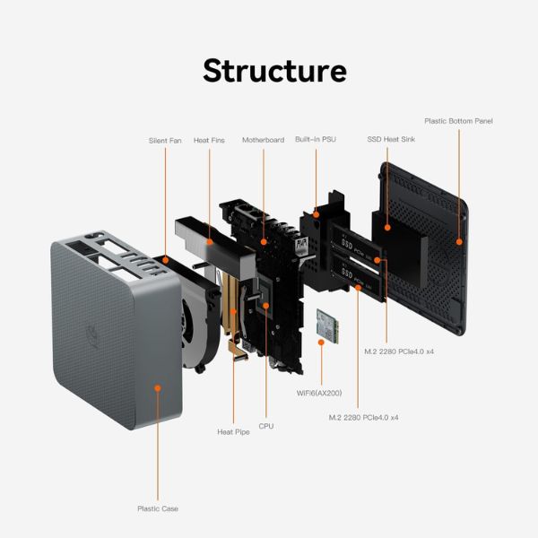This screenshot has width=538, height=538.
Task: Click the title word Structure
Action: click(274, 70)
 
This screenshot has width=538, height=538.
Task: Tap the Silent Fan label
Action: click(165, 141)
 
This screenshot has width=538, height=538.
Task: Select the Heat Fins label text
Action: click(209, 141)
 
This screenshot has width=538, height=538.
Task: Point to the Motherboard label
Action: click(263, 140)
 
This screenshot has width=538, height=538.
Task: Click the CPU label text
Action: click(266, 426)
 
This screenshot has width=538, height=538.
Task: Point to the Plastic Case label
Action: click(158, 508)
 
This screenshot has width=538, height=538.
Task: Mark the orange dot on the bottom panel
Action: click(459, 240)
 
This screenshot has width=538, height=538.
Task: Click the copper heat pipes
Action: click(231, 309)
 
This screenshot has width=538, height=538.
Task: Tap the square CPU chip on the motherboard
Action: click(267, 304)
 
